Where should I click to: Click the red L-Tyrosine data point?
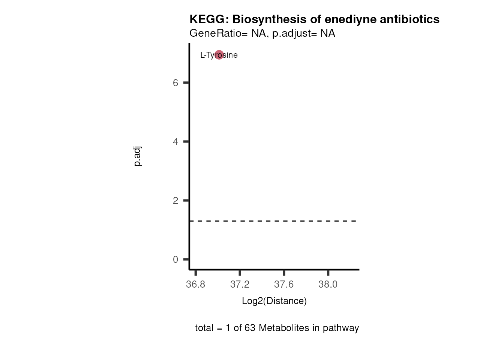click(219, 55)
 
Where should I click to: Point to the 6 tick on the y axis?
click(175, 83)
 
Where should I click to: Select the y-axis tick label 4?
click(175, 142)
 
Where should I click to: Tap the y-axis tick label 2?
click(175, 201)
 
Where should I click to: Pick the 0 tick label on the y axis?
click(175, 259)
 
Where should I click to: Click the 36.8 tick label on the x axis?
click(196, 285)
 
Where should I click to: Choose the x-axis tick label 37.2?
click(240, 285)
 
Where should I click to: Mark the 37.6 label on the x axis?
click(284, 285)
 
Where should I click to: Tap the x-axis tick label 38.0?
click(328, 285)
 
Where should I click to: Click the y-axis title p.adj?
click(138, 156)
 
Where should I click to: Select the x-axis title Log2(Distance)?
click(274, 301)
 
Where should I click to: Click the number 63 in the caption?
click(250, 328)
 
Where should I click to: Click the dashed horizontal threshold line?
click(274, 221)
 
